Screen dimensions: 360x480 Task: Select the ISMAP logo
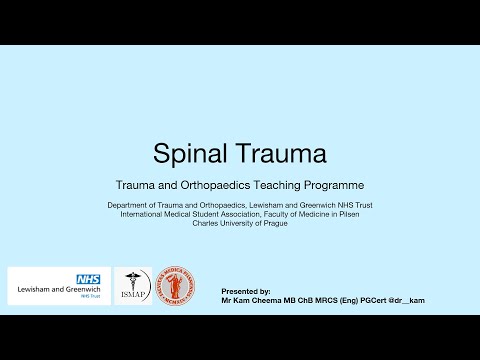pyautogui.click(x=133, y=286)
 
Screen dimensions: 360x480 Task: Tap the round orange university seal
pyautogui.click(x=179, y=286)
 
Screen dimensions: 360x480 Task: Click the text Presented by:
pyautogui.click(x=245, y=290)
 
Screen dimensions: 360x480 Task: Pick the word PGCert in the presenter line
pyautogui.click(x=376, y=300)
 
